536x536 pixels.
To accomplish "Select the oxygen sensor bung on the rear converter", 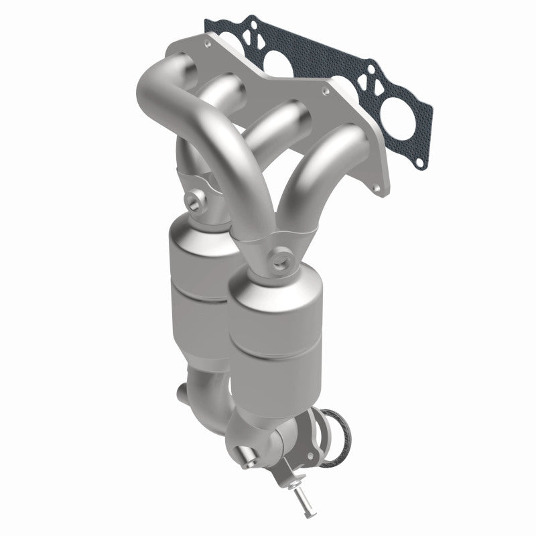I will tap(195, 199).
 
